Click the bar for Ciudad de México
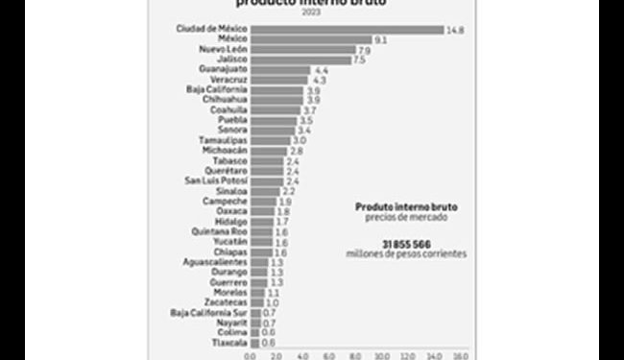point(347,30)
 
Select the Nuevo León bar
point(301,49)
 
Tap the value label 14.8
point(455,30)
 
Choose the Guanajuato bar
point(278,70)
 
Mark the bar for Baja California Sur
point(254,312)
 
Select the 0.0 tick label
point(251,355)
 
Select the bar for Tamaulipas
point(270,140)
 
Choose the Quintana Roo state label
point(221,230)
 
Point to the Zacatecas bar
point(256,301)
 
